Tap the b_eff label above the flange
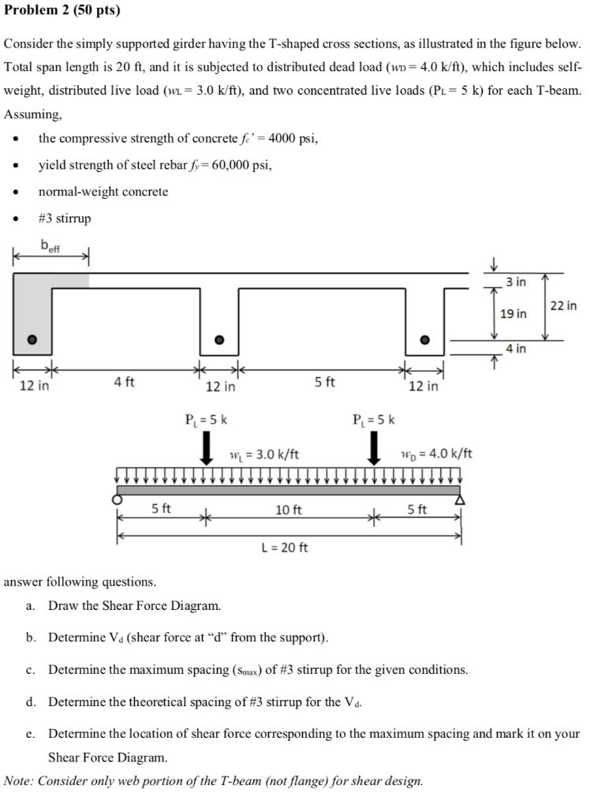(50, 244)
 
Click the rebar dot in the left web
(32, 339)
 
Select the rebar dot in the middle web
(220, 339)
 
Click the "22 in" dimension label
(563, 305)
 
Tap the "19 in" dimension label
(513, 314)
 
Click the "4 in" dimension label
(516, 348)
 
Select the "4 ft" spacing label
(124, 383)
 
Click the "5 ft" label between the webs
(324, 383)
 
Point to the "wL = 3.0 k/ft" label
(263, 454)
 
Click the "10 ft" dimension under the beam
(288, 511)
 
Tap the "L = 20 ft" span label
(284, 547)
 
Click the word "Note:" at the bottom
(19, 781)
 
